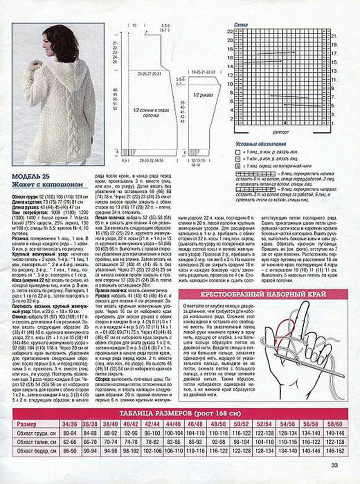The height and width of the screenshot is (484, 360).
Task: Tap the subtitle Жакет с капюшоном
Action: (x=47, y=185)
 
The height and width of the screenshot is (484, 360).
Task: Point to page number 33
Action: (x=335, y=465)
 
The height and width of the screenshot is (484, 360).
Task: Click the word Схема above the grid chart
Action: (x=241, y=24)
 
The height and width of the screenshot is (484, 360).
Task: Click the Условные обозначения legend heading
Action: (x=261, y=145)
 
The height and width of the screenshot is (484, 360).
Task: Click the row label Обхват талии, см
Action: (x=35, y=441)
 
